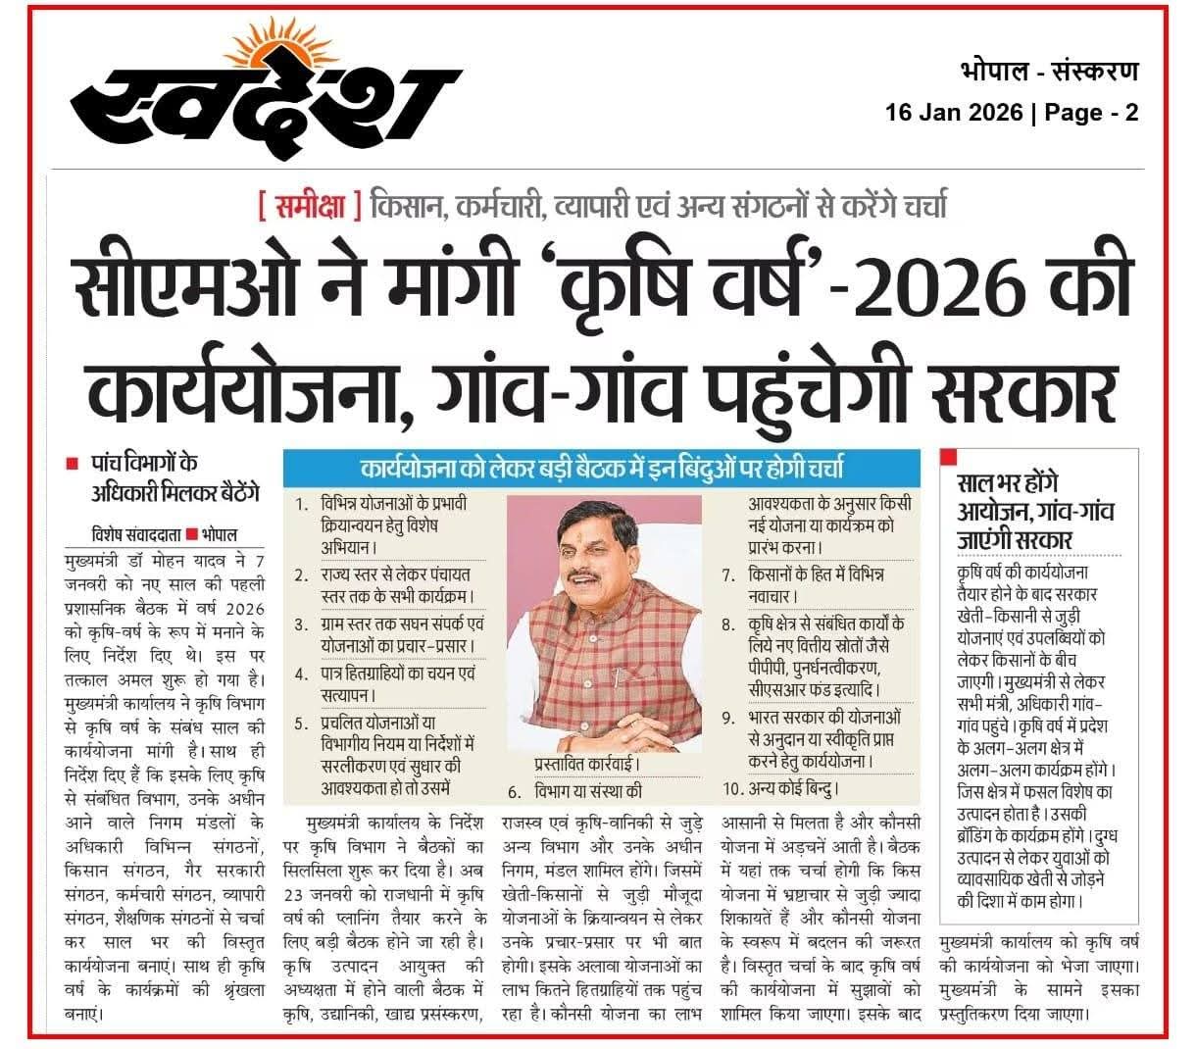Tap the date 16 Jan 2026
[x=952, y=112]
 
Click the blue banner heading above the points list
[x=602, y=468]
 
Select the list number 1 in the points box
[x=301, y=506]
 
